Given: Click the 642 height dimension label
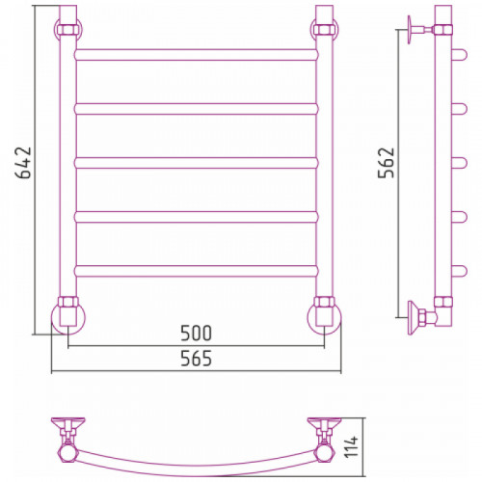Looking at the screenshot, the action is point(23,163).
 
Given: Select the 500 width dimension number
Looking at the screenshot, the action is point(196,334).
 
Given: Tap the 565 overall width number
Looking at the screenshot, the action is point(196,359).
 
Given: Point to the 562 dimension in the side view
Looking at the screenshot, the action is point(386,163).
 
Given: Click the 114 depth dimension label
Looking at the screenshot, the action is point(352,446).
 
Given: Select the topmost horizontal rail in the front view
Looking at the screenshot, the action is point(196,55).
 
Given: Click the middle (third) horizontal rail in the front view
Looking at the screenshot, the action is point(196,163).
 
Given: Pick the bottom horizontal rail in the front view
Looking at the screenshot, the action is point(196,271).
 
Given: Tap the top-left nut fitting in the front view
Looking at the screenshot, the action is point(68,30).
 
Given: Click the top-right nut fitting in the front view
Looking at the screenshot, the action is point(325,30).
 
